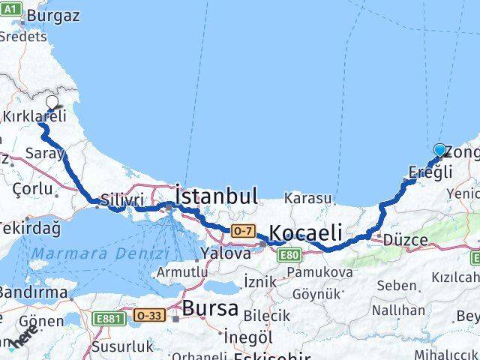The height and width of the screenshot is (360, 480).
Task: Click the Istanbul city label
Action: [216, 197]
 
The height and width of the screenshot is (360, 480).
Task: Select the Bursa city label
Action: [210, 307]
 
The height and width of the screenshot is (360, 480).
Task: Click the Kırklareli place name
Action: [34, 116]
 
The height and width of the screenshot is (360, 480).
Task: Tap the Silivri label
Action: [118, 200]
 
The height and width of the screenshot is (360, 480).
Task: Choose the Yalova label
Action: [226, 253]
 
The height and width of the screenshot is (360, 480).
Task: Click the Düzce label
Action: [404, 241]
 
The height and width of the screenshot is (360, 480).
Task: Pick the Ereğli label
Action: [430, 171]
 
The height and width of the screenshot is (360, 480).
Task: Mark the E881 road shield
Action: [109, 319]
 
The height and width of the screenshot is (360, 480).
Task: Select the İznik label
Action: [259, 280]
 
